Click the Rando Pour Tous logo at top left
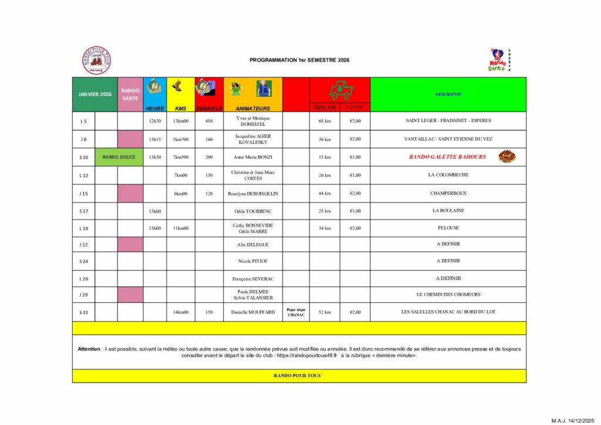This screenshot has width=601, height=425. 96,60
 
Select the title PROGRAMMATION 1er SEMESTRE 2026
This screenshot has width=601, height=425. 299,60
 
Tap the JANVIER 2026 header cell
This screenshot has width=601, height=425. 95,94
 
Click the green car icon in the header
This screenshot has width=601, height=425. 340,90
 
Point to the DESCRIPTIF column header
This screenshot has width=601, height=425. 448,94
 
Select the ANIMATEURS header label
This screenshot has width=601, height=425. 253,109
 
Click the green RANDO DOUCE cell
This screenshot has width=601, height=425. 119,157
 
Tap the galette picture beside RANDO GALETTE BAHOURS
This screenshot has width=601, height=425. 507,157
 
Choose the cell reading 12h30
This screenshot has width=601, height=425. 155,121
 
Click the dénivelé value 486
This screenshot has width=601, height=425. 210,121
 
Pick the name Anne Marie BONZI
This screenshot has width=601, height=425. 253,157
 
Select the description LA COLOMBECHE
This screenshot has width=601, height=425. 448,175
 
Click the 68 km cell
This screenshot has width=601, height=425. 325,121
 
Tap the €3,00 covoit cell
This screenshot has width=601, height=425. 355,121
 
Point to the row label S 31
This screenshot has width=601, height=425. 83,312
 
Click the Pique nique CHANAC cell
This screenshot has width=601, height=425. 296,312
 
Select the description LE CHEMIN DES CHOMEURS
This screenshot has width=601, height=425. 448,294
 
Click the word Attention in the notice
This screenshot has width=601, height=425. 89,349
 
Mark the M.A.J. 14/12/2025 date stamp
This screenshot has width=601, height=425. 572,420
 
